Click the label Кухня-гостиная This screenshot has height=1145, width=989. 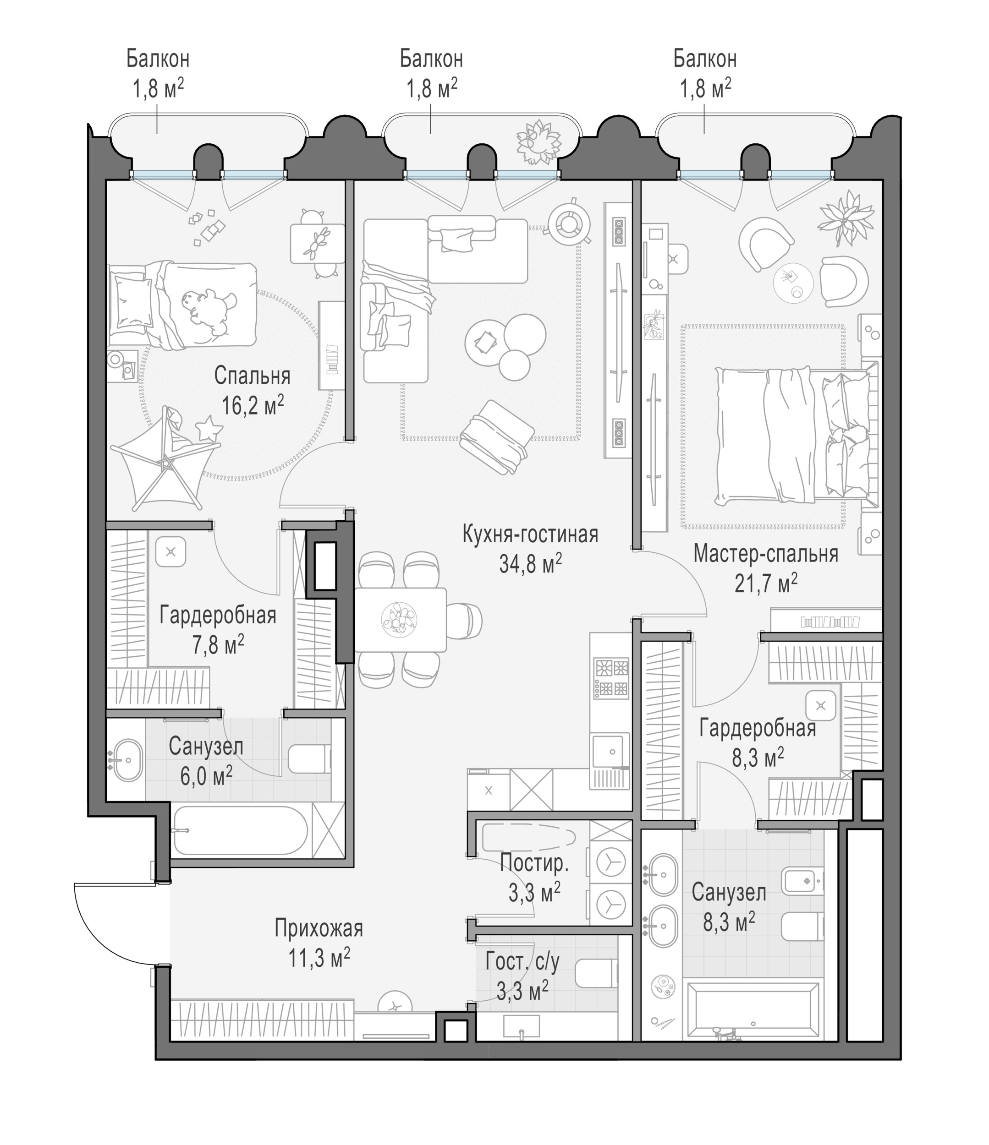pos(530,535)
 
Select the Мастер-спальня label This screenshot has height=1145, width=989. pos(766,554)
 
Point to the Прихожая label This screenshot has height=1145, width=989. pos(319,928)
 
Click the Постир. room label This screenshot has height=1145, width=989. pos(534,864)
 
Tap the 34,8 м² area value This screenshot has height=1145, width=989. pos(531,564)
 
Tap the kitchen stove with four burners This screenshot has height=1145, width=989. pos(611,677)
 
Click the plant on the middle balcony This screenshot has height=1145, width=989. pos(538,142)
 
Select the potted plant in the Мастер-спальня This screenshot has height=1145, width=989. pos(846,218)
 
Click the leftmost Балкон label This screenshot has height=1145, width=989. pos(158,59)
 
